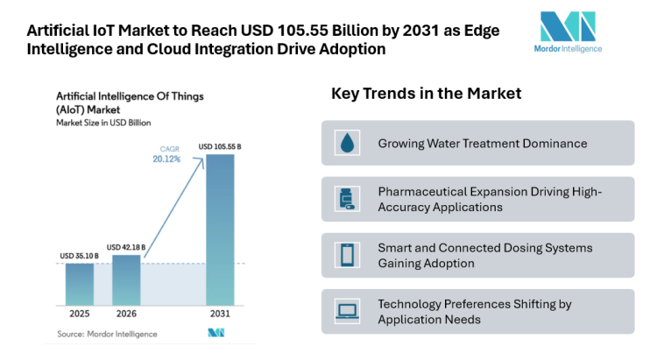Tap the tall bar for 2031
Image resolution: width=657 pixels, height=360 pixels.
(x=221, y=229)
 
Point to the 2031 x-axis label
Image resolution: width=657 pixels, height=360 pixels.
(x=221, y=314)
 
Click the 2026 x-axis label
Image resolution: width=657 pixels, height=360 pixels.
(x=127, y=314)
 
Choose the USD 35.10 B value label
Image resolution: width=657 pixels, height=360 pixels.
(x=79, y=256)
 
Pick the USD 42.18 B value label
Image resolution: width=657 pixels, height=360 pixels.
(x=127, y=247)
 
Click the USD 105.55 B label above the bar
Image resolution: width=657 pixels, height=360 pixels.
(x=221, y=146)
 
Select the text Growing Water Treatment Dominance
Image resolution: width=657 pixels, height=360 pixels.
(x=482, y=143)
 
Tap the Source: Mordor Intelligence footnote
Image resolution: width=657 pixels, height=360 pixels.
(x=108, y=334)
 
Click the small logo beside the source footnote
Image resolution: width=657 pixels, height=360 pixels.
(x=216, y=333)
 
